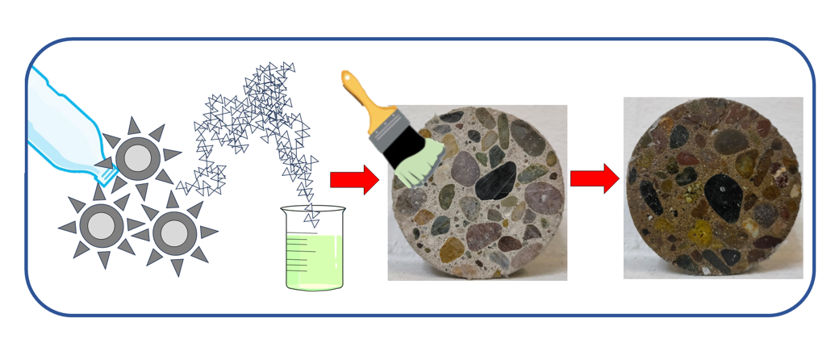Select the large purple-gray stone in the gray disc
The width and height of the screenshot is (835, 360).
[467, 170]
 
